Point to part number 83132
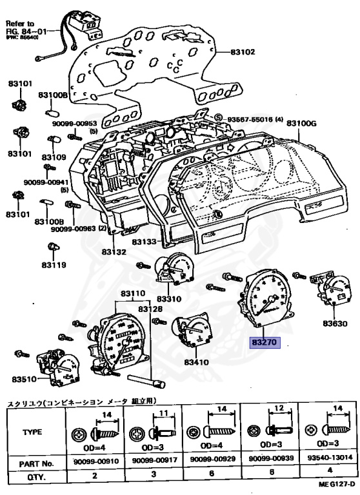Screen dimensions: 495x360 pos(114,253)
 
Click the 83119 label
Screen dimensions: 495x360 pos(54,265)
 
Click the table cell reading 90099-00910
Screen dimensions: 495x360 pos(95,463)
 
